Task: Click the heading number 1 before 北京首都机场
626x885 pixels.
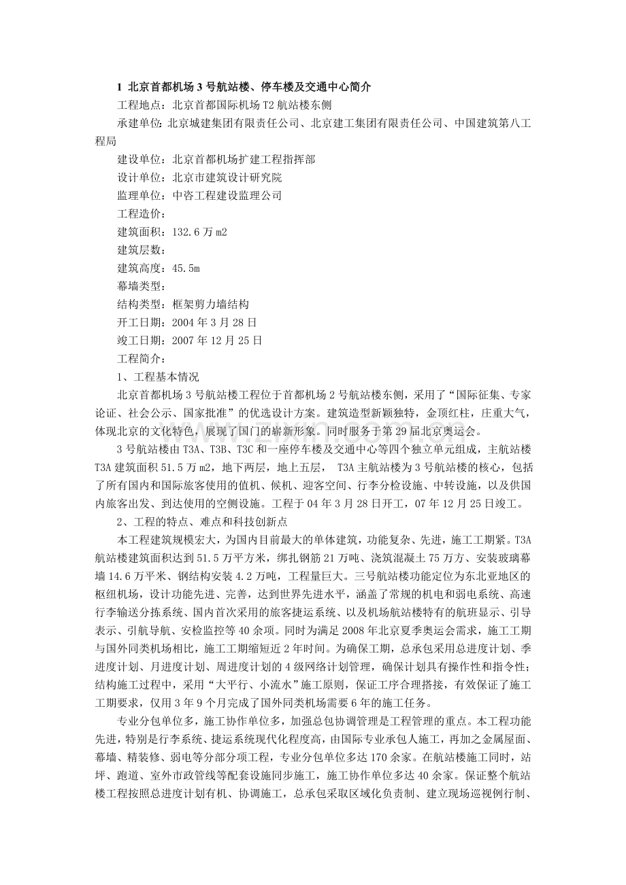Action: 120,88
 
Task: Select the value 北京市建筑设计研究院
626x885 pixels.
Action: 227,177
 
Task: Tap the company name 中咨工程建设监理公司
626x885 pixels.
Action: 227,196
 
